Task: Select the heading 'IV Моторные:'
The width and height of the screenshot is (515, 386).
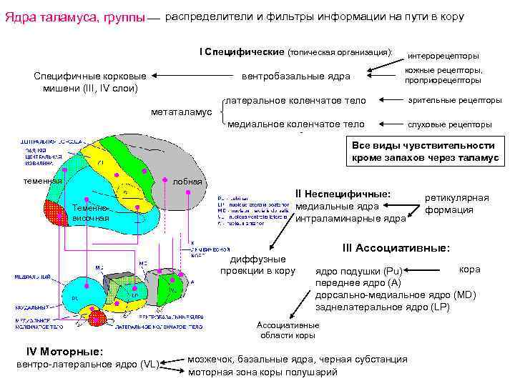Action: coord(65,352)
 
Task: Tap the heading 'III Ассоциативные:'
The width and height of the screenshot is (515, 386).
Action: coord(396,248)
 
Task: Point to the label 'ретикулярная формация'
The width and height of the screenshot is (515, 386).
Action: coord(457,203)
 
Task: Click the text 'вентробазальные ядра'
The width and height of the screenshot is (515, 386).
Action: coord(296,76)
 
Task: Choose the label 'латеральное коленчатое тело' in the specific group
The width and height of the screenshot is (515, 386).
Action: coord(295,101)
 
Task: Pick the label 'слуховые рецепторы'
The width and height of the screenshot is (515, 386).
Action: coord(450,124)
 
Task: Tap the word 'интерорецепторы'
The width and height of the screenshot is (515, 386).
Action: coord(443,56)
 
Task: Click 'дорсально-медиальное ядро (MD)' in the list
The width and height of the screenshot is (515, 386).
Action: coord(395,295)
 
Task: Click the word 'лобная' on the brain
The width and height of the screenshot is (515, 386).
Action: coord(187,182)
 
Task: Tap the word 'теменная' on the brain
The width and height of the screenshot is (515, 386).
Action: coord(41,181)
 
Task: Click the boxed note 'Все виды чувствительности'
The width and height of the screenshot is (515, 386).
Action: coord(425,152)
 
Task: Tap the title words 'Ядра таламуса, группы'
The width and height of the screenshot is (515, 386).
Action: coord(74,16)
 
